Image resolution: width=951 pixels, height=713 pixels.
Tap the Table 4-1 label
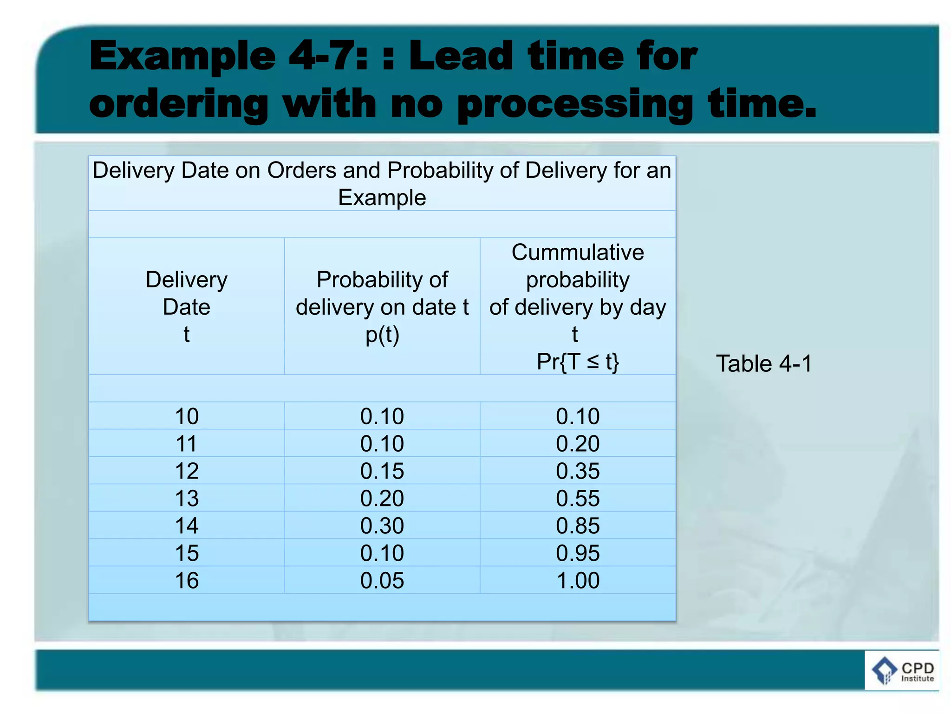pos(764,363)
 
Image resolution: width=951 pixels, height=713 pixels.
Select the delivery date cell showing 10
pos(187,416)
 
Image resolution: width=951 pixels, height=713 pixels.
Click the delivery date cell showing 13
pos(187,499)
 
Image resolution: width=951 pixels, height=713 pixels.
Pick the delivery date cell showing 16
pos(187,581)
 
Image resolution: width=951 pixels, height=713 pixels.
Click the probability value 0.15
pos(382,471)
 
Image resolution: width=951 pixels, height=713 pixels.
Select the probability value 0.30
pos(382,526)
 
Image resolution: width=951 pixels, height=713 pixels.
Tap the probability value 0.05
pos(382,581)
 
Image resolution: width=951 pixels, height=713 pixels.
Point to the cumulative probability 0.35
pos(578,471)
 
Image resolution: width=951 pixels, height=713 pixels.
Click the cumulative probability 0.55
pos(578,499)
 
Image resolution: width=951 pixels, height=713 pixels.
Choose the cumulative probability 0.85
pos(578,526)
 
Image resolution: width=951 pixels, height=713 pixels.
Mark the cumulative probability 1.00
pos(578,581)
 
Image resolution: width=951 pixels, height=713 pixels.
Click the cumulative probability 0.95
pos(578,553)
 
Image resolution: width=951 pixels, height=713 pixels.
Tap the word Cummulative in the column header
pos(578,253)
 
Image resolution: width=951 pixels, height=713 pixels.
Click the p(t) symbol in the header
pos(382,335)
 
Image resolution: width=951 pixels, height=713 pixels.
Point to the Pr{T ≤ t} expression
pos(578,362)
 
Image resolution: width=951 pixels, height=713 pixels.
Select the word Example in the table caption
pos(382,198)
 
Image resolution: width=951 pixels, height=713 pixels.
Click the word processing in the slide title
pos(575,105)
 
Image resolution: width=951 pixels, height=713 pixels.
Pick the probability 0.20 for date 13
pos(382,499)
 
